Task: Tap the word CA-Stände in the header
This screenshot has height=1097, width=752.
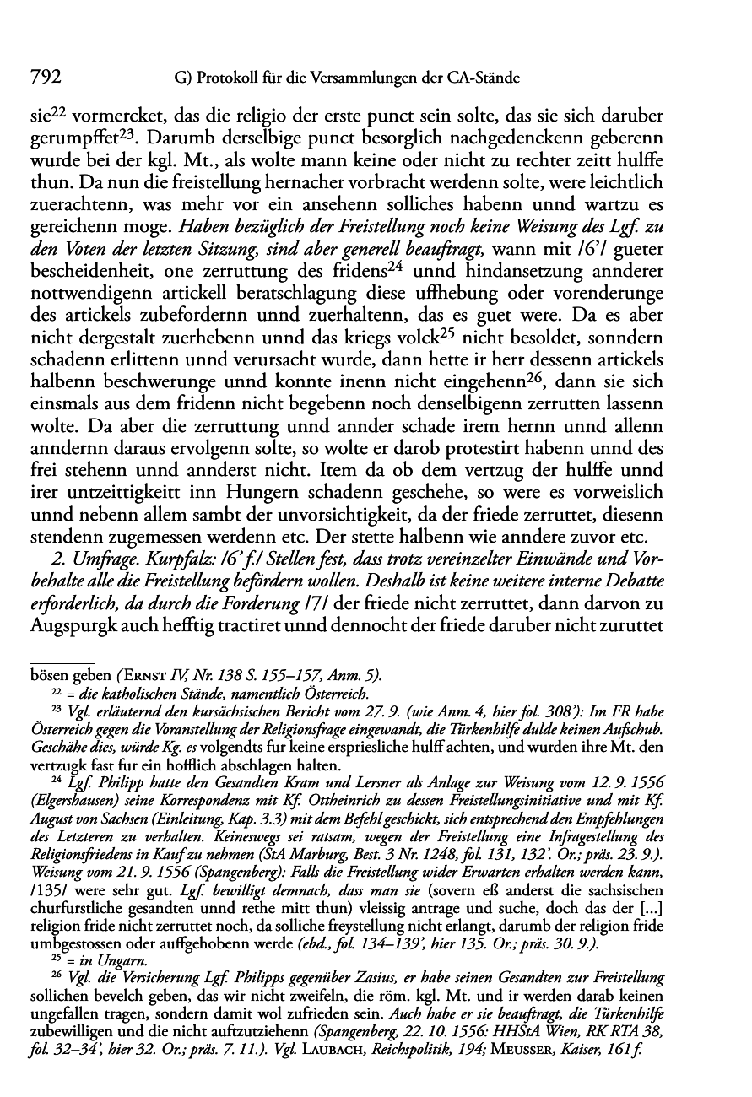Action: (x=486, y=78)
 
